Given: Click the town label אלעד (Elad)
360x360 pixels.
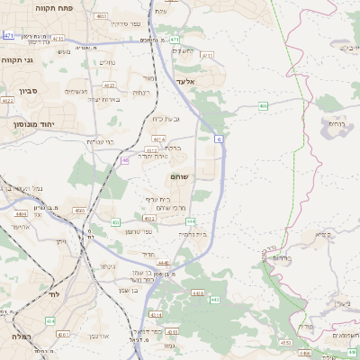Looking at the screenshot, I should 184,83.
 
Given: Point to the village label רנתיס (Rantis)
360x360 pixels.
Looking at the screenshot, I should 337,122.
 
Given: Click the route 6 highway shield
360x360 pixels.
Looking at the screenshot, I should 218,139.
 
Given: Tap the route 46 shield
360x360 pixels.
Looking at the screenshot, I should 124,160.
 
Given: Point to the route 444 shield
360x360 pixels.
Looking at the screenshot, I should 190,220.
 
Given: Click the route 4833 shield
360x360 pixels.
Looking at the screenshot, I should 101,16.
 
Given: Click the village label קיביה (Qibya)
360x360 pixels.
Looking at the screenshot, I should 321,234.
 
